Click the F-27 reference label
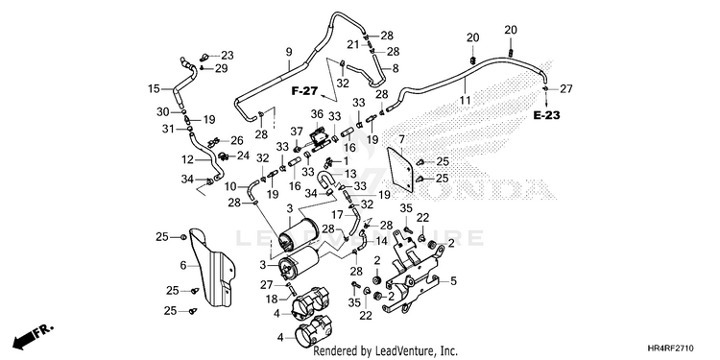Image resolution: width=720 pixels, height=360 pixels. (x=304, y=91)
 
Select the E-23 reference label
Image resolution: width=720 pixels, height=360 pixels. (x=547, y=115)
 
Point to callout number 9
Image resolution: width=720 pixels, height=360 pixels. (x=289, y=53)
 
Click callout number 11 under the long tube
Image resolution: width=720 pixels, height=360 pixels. (x=466, y=100)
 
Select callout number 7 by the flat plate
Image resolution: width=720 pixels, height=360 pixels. (x=402, y=138)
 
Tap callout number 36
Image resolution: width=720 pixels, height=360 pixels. (x=317, y=114)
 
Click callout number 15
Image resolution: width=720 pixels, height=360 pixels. (x=154, y=88)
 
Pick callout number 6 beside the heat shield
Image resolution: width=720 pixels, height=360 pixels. (x=183, y=265)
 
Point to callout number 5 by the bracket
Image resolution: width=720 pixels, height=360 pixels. (x=453, y=281)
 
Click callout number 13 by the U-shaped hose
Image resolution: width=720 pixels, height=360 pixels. (x=349, y=174)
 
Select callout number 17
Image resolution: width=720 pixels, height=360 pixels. (x=338, y=214)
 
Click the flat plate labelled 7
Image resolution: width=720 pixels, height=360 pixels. (x=398, y=169)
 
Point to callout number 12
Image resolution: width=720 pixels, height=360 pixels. (x=187, y=159)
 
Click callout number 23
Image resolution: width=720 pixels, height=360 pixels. (x=228, y=56)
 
